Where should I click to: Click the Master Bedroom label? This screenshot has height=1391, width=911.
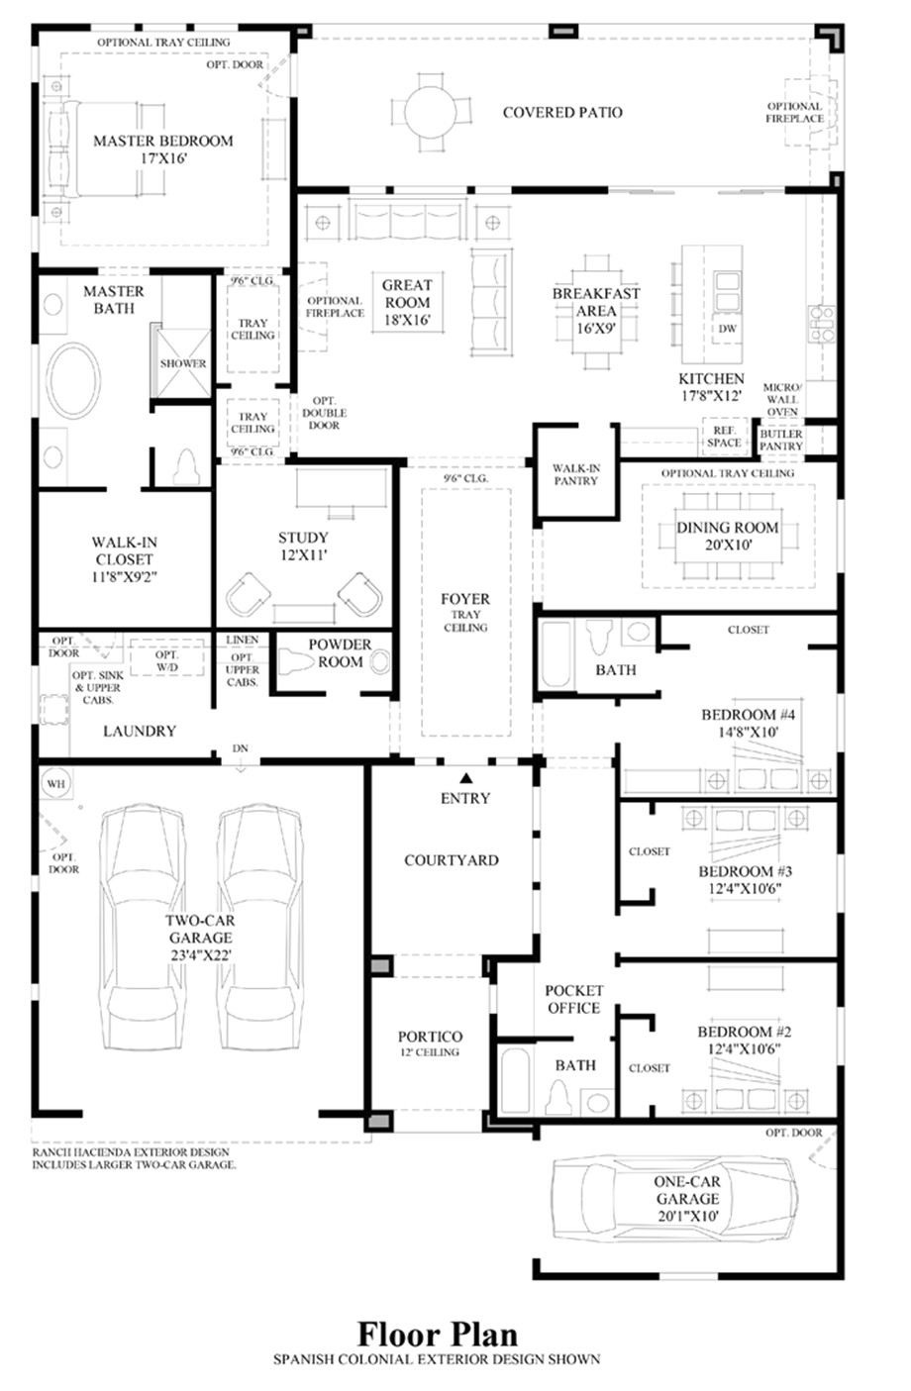click(163, 149)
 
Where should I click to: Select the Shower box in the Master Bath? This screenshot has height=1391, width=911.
click(183, 362)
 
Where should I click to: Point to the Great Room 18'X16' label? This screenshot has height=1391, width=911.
click(407, 302)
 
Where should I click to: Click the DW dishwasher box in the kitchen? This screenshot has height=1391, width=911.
click(728, 329)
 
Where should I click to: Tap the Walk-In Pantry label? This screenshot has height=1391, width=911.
click(575, 473)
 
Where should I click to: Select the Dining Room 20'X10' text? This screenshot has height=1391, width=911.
click(727, 536)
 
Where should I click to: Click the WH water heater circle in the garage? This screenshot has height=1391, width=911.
click(54, 783)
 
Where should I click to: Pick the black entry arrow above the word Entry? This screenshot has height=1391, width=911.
click(464, 777)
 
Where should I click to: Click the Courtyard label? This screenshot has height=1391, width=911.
click(451, 860)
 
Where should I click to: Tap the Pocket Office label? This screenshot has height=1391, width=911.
click(573, 999)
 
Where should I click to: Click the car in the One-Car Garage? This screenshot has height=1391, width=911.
click(673, 1198)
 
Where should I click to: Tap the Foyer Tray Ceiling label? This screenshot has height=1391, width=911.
click(465, 612)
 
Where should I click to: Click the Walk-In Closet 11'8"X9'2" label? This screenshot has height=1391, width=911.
click(125, 558)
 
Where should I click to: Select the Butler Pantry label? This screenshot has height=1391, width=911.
click(781, 441)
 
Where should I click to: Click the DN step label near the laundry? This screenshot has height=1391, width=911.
click(240, 748)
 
